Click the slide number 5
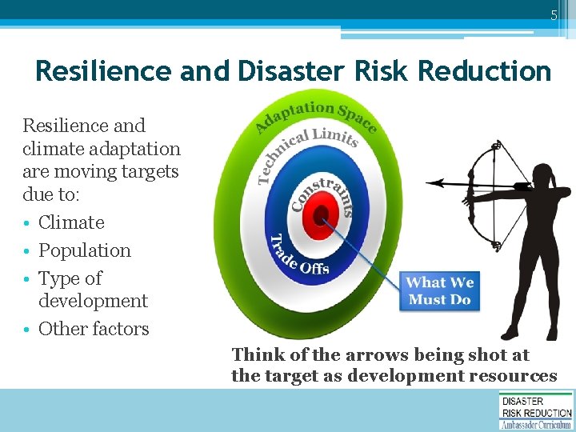553,15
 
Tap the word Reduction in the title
484,71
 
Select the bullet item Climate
71,222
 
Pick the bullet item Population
84,250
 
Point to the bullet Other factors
94,329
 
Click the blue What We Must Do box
440,291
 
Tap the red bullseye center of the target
322,214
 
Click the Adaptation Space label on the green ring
315,114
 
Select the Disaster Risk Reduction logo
536,410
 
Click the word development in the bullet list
93,301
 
